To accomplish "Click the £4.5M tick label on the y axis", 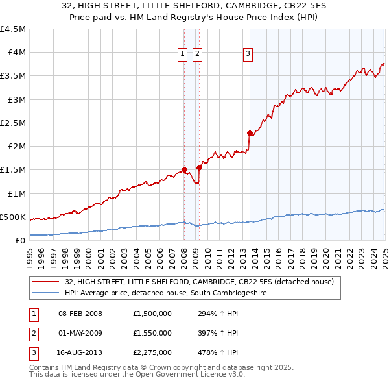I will pos(14,29).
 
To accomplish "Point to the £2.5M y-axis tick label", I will pos(14,123).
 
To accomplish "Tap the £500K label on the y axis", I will pos(13,217).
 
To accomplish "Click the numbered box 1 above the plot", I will pos(183,54).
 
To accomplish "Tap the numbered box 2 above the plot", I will pos(196,54).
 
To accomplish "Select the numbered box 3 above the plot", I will pos(248,54).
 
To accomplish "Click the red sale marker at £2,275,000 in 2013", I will pos(250,133).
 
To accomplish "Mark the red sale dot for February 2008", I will pos(184,169).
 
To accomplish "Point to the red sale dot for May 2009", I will pos(199,167).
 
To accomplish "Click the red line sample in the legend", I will pos(46,282).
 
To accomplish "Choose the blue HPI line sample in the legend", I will pos(46,293).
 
